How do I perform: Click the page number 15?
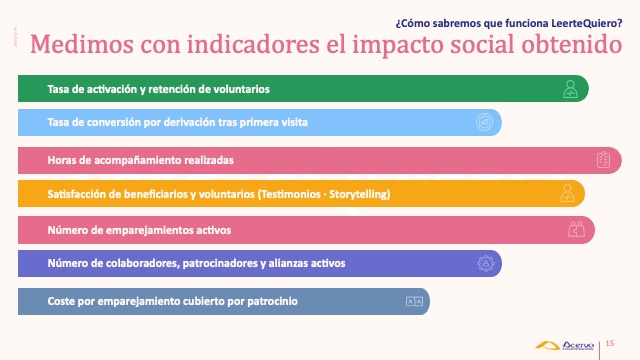pos(610,343)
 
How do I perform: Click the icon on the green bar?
pos(569,89)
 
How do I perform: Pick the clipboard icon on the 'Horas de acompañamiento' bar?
pos(603,160)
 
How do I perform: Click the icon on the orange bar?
pos(567,193)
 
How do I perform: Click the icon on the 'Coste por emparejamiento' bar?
pos(410,301)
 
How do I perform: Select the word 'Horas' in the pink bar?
pos(62,160)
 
